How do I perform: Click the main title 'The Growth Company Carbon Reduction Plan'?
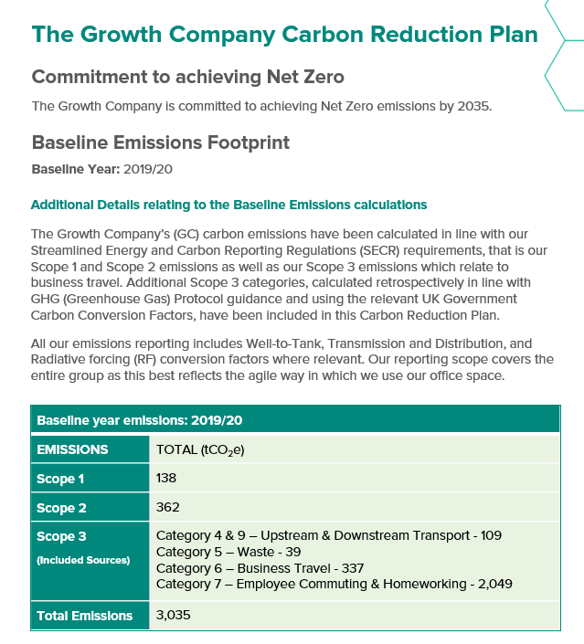[284, 35]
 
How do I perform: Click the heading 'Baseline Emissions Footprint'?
[161, 143]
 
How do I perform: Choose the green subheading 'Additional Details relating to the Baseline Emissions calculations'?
[228, 205]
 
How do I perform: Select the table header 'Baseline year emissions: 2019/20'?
[138, 421]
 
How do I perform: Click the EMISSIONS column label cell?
[72, 449]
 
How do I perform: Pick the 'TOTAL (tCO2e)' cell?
[201, 449]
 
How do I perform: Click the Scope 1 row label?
[60, 479]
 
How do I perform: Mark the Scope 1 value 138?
[166, 478]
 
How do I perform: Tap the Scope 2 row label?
[60, 508]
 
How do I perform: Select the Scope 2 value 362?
[168, 507]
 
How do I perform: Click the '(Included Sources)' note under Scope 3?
[83, 559]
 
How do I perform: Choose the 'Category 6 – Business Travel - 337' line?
[260, 567]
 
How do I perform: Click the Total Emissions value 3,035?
[174, 615]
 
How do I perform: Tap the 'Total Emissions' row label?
[85, 616]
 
